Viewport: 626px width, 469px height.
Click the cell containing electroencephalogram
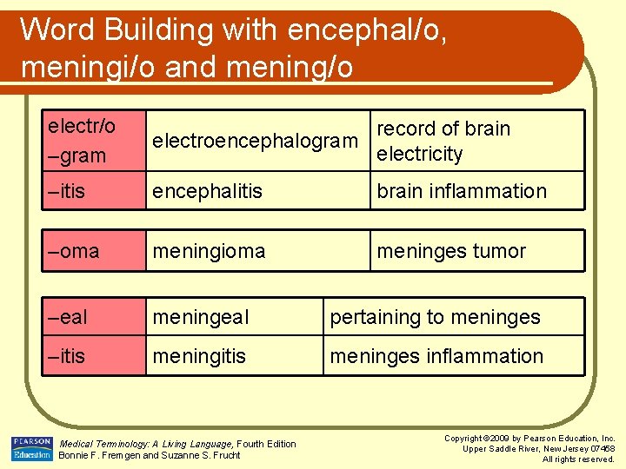[x=255, y=141]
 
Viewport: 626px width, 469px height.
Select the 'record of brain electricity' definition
[x=443, y=141]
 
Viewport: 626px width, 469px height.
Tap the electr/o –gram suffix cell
[x=82, y=141]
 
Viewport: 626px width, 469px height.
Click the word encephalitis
[x=207, y=191]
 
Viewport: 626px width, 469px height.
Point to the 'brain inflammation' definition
[x=461, y=191]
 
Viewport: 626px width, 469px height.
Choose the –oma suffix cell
[x=74, y=251]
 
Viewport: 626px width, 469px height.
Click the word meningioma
[x=209, y=251]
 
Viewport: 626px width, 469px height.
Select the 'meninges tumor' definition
[x=450, y=251]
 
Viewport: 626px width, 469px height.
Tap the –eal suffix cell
[x=68, y=318]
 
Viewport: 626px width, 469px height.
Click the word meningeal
[x=200, y=318]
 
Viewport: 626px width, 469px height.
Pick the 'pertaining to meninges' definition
[x=435, y=318]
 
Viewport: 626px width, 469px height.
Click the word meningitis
[x=199, y=356]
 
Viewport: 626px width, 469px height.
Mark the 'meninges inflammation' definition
[x=436, y=356]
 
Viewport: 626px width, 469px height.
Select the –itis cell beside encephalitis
[x=67, y=191]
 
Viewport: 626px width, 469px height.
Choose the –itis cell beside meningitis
[x=67, y=356]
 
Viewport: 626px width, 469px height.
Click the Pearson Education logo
[x=31, y=449]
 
